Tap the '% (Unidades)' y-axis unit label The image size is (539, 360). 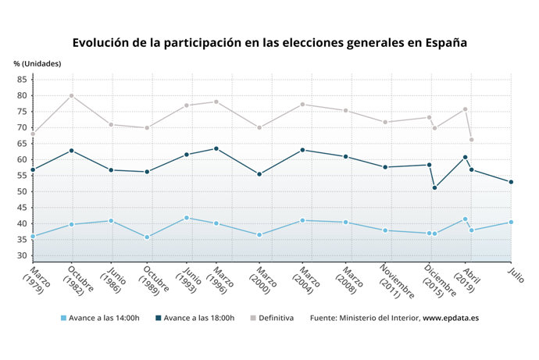(x=37, y=63)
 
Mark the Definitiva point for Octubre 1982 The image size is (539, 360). (x=72, y=95)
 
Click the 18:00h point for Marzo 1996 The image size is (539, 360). (x=216, y=148)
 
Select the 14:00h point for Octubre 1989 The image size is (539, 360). (x=147, y=237)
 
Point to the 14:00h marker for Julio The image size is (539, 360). (x=511, y=222)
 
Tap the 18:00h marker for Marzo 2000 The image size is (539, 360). (x=259, y=174)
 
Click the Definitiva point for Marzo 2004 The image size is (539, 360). (x=302, y=104)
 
